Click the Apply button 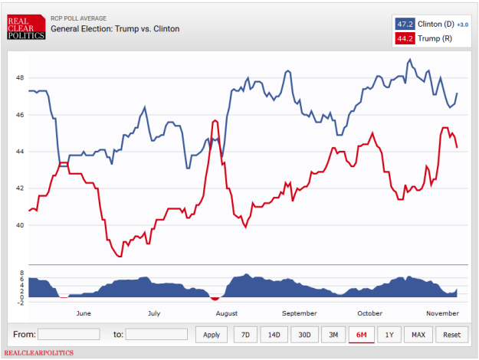(x=212, y=335)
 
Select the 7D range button (x=244, y=335)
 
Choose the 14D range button (x=274, y=335)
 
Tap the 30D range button (x=304, y=335)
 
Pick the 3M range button (x=333, y=335)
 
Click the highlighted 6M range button (x=361, y=335)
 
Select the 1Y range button (x=389, y=335)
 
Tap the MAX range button (x=418, y=335)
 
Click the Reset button (x=451, y=335)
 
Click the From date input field (x=69, y=335)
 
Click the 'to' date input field (x=156, y=335)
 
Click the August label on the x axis (x=227, y=313)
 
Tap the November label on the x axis (x=443, y=313)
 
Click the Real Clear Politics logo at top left (x=25, y=27)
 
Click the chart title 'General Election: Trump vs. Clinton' (x=115, y=29)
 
